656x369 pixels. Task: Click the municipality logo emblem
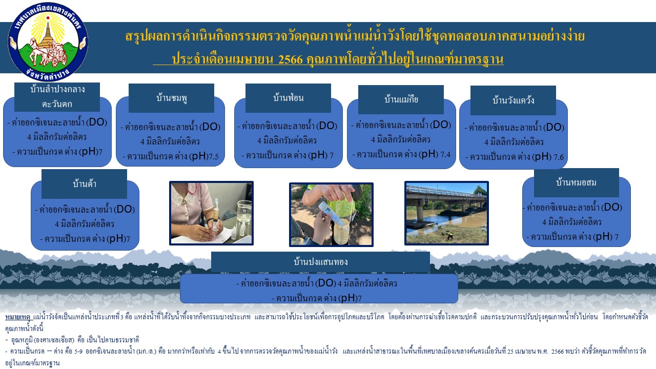[48, 42]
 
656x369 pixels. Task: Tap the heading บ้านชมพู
[172, 98]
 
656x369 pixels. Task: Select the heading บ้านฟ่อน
[288, 97]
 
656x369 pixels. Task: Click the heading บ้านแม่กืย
[401, 99]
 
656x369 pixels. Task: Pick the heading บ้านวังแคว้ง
[513, 100]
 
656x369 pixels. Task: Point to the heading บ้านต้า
[85, 183]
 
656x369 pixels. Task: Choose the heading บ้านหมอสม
[577, 182]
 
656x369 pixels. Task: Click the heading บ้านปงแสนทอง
[321, 261]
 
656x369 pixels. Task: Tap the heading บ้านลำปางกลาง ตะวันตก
[57, 96]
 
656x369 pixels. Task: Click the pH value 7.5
[214, 157]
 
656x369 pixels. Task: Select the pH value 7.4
[445, 155]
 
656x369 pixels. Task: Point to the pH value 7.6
[559, 157]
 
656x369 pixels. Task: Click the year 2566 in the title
[290, 59]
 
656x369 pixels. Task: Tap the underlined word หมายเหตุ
[17, 317]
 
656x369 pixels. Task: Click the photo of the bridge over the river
[446, 213]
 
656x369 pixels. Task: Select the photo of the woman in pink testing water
[212, 213]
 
